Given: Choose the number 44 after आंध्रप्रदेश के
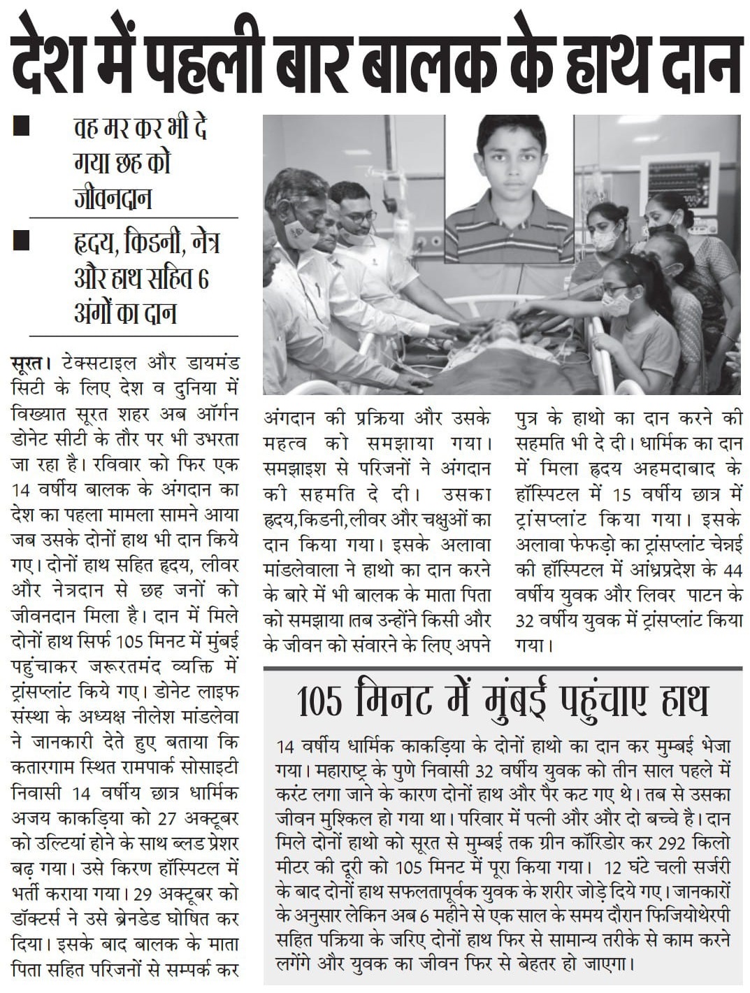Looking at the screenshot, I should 732,570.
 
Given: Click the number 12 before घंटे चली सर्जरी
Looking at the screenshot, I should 613,868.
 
